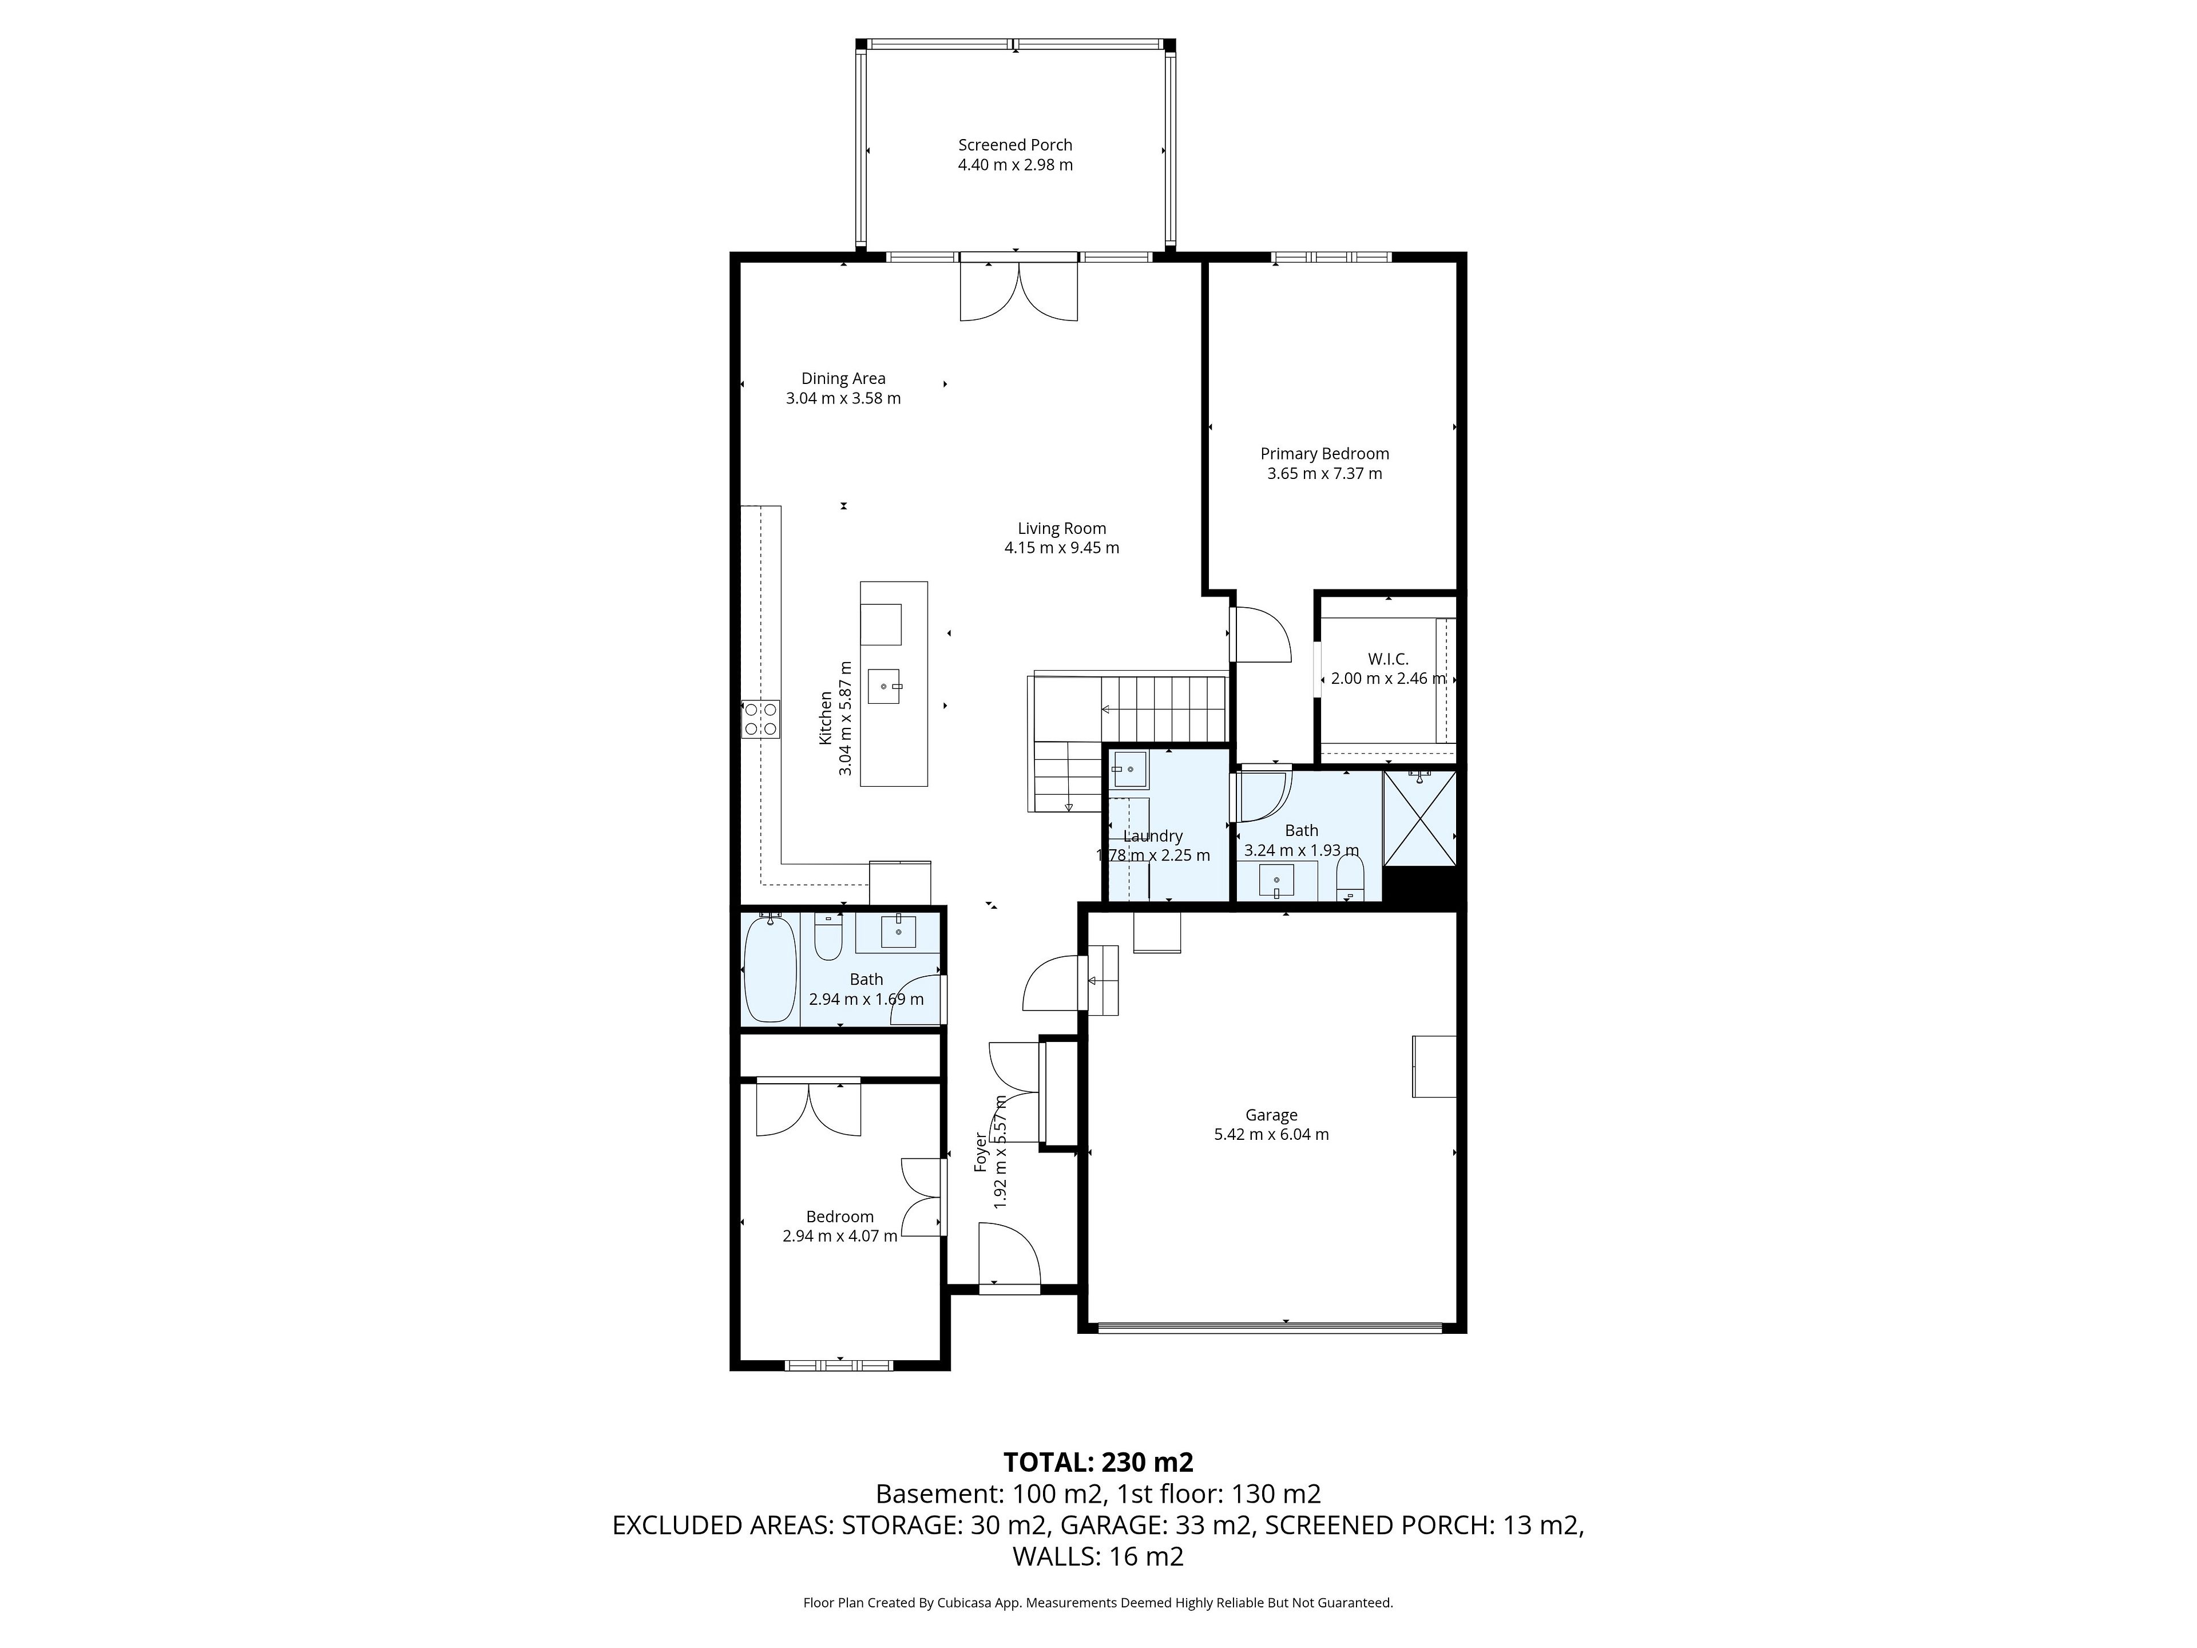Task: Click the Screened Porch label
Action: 1015,145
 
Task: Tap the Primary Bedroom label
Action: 1325,454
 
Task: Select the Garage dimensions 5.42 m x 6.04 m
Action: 1271,1134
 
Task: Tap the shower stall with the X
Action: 1419,818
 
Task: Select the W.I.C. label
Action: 1387,660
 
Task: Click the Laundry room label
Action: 1153,837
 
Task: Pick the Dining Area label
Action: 843,378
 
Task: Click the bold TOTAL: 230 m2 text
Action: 1098,1462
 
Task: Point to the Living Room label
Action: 1062,529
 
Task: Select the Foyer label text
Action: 980,1152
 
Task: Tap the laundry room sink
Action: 1129,770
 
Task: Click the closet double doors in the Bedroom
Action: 808,1108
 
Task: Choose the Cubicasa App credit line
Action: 1098,1602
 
